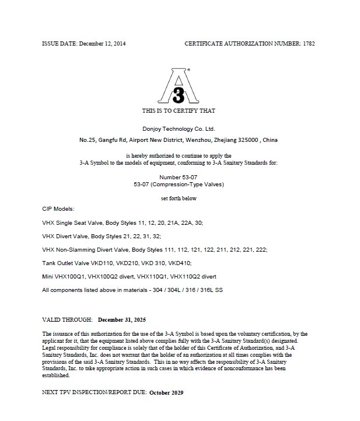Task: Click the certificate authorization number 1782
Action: pos(309,44)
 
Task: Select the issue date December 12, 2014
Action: pos(102,44)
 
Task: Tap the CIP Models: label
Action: pos(58,208)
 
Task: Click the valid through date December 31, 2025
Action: pos(122,320)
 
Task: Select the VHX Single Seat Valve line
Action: pos(123,222)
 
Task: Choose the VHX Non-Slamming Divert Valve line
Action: pos(155,249)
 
